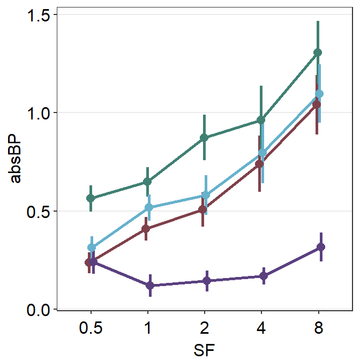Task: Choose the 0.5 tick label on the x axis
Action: [x=91, y=328]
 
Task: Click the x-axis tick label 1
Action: [x=147, y=328]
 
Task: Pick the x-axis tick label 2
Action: [x=204, y=328]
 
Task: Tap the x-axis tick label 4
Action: [x=261, y=328]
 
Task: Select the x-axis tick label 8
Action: [x=318, y=328]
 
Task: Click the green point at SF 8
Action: [x=318, y=52]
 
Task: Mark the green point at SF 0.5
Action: [x=91, y=198]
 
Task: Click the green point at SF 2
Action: [x=204, y=138]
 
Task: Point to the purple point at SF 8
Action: [x=321, y=247]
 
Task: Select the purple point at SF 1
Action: [x=151, y=286]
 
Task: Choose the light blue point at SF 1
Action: [x=149, y=207]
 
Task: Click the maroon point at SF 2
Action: [x=202, y=209]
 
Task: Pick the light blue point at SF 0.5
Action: [x=92, y=247]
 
